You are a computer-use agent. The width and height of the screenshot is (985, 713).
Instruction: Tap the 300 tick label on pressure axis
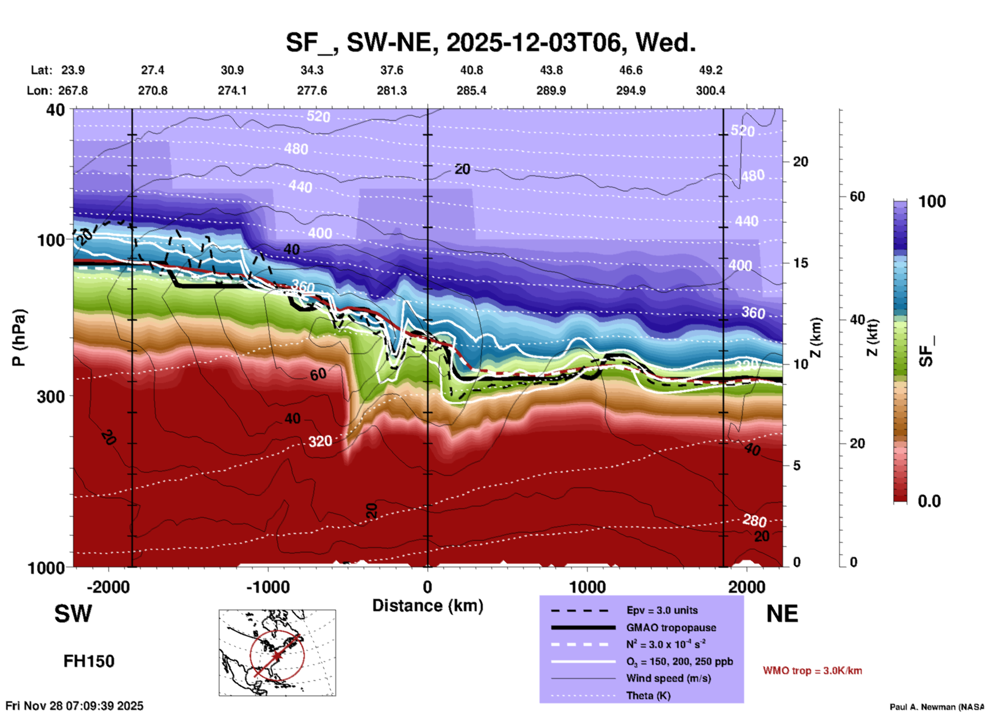coord(51,396)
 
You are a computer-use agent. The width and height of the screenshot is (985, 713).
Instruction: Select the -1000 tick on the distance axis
coord(268,587)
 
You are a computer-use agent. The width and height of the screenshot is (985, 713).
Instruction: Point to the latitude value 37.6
coord(392,70)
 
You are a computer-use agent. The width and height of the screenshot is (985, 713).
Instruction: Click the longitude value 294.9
coord(631,91)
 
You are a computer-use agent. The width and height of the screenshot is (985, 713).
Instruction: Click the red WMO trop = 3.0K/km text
coord(812,671)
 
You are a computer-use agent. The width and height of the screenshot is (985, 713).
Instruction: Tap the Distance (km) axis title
coord(428,606)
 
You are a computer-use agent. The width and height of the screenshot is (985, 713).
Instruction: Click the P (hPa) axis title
coord(19,338)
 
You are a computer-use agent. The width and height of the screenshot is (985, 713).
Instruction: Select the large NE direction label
coord(782,614)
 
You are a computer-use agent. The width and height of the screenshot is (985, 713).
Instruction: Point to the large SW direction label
coord(73,614)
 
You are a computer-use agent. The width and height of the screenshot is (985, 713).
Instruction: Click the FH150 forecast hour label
coord(89,661)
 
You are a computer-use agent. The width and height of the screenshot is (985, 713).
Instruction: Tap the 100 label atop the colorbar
coord(932,202)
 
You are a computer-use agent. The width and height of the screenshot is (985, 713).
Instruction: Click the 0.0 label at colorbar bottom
coord(929,501)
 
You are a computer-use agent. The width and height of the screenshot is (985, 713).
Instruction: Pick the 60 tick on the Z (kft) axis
coord(857,196)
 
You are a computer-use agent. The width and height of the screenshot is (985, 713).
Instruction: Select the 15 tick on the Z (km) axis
coord(800,263)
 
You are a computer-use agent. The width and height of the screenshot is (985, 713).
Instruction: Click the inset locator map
coord(277,653)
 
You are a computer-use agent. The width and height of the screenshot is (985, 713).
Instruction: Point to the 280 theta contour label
coord(754,521)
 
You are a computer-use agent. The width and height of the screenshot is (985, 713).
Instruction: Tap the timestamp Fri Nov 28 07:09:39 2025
coord(75,706)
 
